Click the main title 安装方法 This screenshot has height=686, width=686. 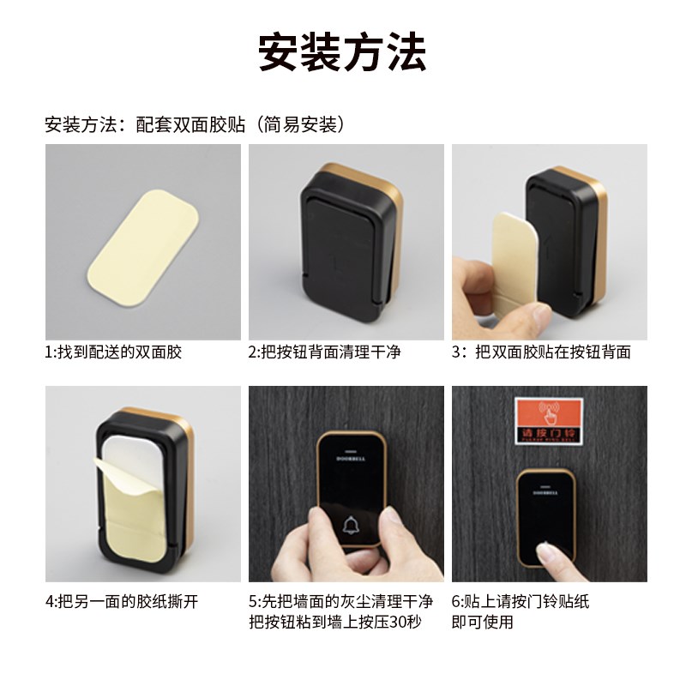[x=342, y=53]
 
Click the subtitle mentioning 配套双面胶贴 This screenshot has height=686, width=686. [x=196, y=124]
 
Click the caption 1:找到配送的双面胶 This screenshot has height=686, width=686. [x=113, y=352]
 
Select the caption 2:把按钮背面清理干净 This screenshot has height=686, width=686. [x=324, y=352]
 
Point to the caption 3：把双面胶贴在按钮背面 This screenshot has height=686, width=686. [x=541, y=352]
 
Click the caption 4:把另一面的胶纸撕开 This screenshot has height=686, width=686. [x=122, y=601]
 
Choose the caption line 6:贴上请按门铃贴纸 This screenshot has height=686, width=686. [x=521, y=601]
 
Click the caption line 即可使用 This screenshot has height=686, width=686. [x=482, y=622]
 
